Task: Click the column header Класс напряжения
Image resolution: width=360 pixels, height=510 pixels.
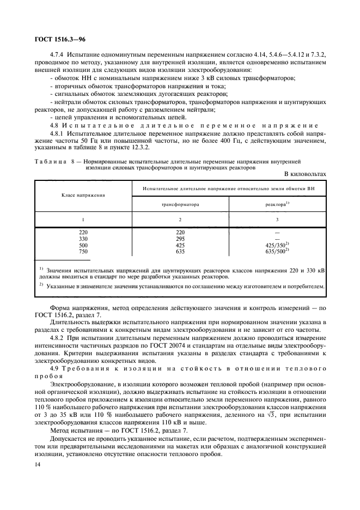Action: (x=83, y=194)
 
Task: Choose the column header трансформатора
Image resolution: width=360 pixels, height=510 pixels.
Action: (x=180, y=205)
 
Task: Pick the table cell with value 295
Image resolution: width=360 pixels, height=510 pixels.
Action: (x=180, y=238)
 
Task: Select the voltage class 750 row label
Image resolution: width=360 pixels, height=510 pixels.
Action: (x=83, y=252)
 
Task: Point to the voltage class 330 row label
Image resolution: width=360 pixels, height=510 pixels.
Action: (x=83, y=238)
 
